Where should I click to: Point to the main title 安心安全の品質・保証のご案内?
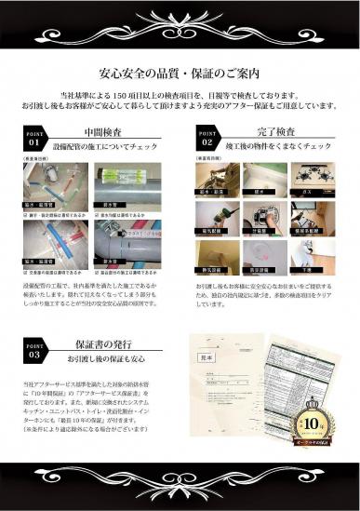click(180, 74)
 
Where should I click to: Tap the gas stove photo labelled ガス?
click(309, 180)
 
